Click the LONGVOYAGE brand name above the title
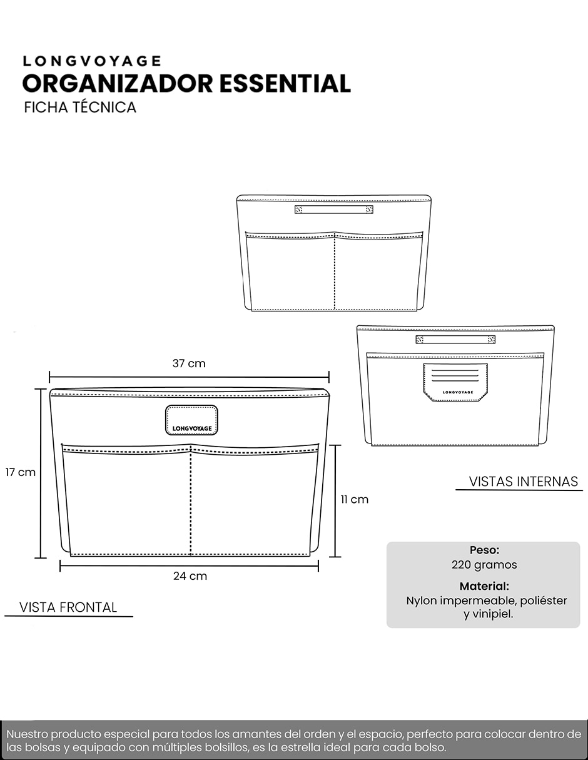tap(91, 61)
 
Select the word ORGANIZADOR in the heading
tap(118, 84)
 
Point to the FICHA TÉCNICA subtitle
tap(80, 107)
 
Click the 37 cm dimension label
tap(189, 363)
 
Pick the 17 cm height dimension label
tap(20, 472)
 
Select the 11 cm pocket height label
tap(355, 499)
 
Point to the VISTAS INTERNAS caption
tap(523, 482)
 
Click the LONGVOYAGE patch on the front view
tap(191, 420)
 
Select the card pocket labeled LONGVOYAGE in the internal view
tap(455, 382)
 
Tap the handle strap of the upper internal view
tap(334, 210)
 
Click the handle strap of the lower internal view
tap(455, 339)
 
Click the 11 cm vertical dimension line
tap(335, 501)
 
